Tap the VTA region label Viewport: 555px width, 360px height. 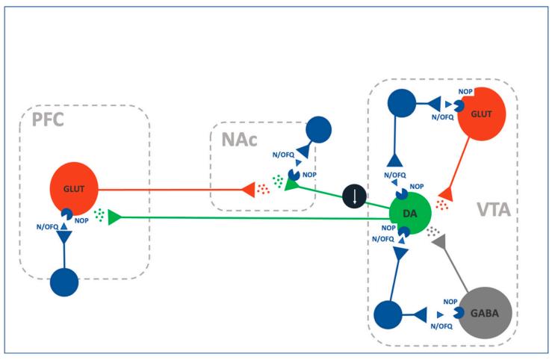(494, 211)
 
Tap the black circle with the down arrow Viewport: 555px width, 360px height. (354, 197)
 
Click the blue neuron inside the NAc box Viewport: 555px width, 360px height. (318, 130)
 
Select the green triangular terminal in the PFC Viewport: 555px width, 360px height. (114, 217)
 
